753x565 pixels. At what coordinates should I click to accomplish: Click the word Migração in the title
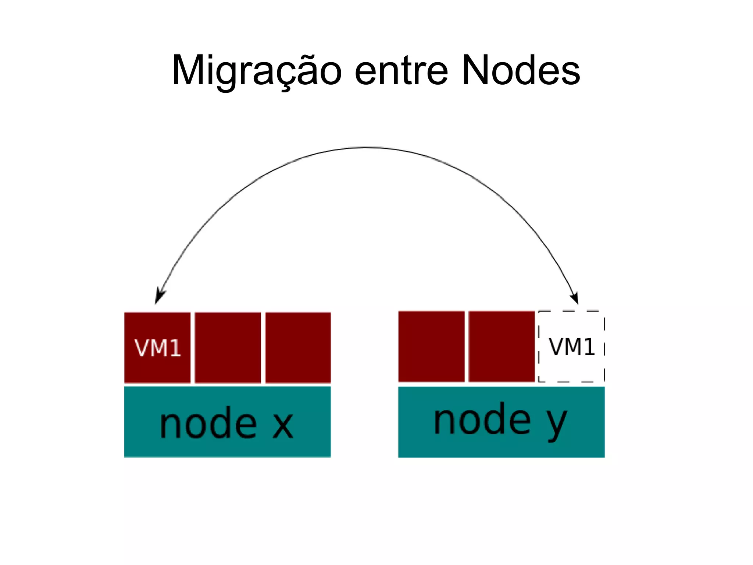tap(257, 71)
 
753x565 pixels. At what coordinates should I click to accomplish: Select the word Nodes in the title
tap(521, 71)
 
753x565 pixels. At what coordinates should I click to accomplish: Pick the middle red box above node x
tap(228, 347)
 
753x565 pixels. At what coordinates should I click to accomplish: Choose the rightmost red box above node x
tap(298, 347)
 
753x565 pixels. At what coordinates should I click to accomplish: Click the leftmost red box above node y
tap(431, 346)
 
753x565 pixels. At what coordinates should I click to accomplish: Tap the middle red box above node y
tap(502, 346)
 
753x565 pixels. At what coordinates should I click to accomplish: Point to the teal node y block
tap(502, 447)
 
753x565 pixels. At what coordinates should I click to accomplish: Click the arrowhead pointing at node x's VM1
tap(159, 297)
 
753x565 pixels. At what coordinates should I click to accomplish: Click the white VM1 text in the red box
tap(158, 348)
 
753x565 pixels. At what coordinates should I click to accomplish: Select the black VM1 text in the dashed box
tap(572, 347)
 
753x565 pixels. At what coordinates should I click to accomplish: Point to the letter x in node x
tap(282, 425)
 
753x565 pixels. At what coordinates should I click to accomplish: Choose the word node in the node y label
tap(482, 420)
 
